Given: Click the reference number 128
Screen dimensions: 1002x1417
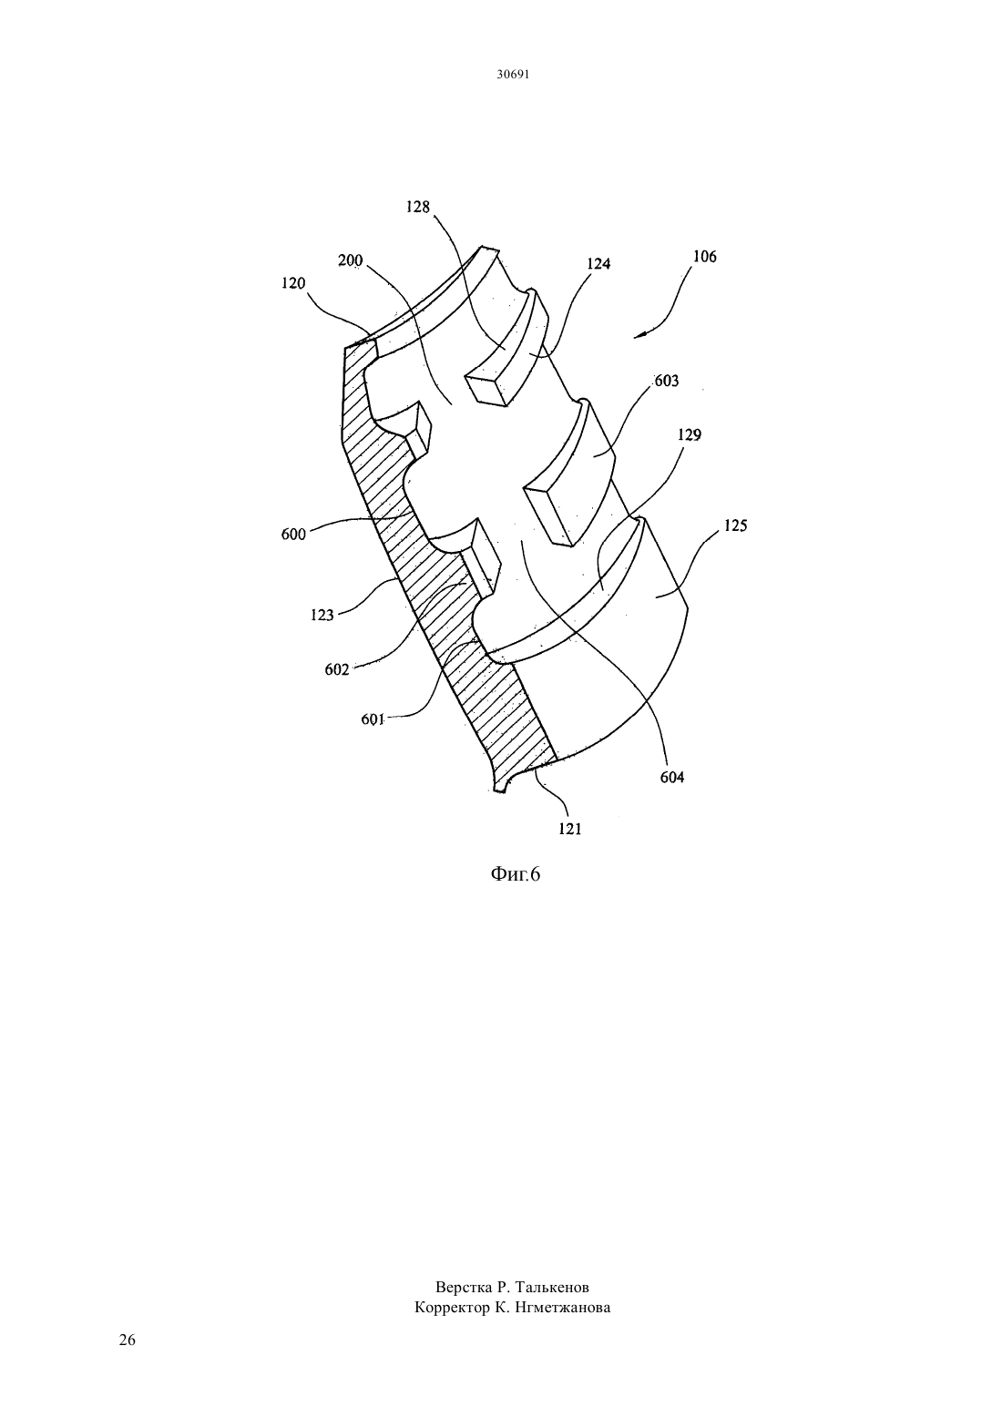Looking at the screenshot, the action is pyautogui.click(x=417, y=207).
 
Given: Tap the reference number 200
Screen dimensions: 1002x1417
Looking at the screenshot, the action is pyautogui.click(x=351, y=260).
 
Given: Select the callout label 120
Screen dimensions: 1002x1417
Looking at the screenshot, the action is pyautogui.click(x=293, y=283).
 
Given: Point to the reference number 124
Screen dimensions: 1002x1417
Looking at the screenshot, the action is pyautogui.click(x=598, y=264).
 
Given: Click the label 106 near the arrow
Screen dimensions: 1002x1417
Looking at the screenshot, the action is pyautogui.click(x=705, y=256).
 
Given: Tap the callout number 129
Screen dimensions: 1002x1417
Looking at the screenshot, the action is pyautogui.click(x=689, y=435).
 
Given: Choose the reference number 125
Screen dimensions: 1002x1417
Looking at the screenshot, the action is pyautogui.click(x=735, y=525).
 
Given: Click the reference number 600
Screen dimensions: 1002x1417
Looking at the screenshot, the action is pyautogui.click(x=293, y=535).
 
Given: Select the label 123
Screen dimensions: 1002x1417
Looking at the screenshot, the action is pyautogui.click(x=322, y=615).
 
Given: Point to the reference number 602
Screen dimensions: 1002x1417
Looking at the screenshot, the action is pyautogui.click(x=337, y=669).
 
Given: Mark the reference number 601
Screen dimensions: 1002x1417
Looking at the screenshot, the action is pyautogui.click(x=373, y=719).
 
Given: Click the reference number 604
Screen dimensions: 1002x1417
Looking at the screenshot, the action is pyautogui.click(x=672, y=778).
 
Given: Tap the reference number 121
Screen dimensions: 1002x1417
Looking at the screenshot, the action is pyautogui.click(x=570, y=830).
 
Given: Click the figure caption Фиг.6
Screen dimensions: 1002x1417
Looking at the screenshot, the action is pyautogui.click(x=516, y=874).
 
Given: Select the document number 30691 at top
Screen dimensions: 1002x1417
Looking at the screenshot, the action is pyautogui.click(x=512, y=74).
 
